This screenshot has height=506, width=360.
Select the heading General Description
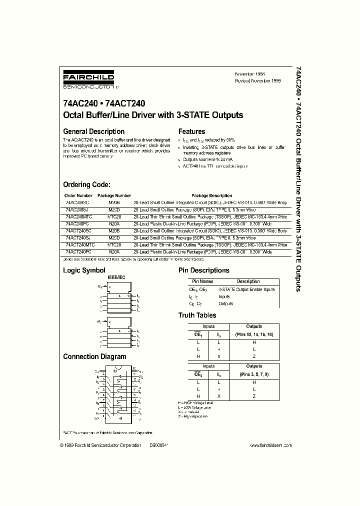93,131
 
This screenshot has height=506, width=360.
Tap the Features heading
192,131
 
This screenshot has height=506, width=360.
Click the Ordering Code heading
90,184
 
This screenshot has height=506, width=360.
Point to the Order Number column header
78,195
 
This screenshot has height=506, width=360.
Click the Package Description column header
211,195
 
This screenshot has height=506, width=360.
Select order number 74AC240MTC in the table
79,217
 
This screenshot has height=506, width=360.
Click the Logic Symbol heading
84,270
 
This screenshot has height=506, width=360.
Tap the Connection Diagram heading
94,356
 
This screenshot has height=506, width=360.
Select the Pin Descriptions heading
204,270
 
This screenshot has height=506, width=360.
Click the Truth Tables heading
197,315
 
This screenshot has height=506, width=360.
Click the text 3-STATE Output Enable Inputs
246,289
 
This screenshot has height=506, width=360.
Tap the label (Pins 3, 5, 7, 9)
254,373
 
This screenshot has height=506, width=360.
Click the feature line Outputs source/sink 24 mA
208,159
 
